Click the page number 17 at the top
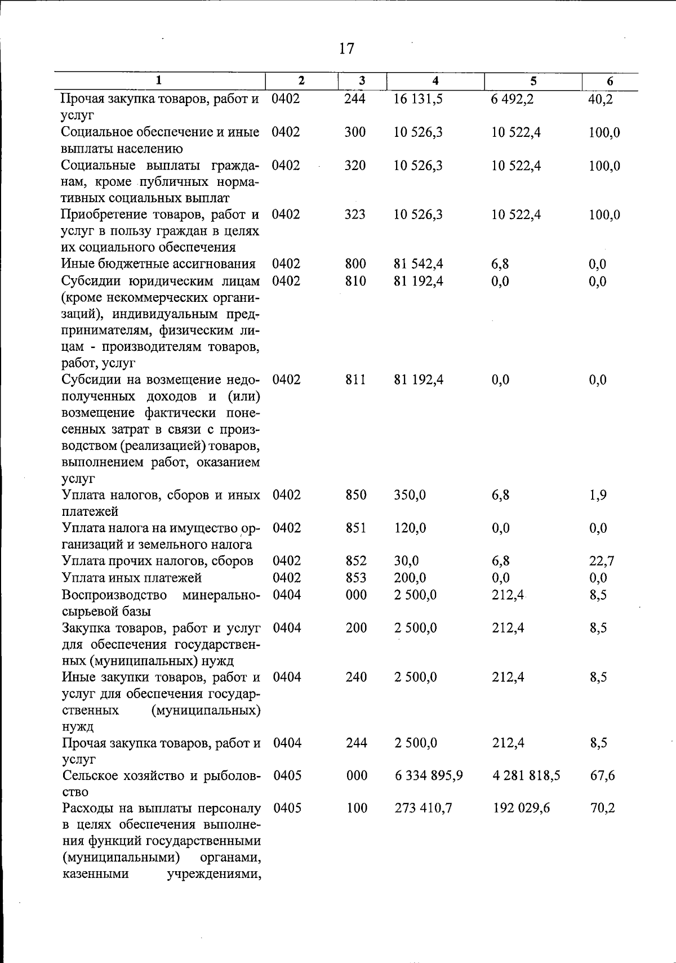347,48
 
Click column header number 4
435,81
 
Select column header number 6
610,81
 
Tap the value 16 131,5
419,100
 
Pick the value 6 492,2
512,100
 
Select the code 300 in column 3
355,132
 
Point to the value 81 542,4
419,264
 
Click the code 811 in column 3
355,380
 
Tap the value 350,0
410,495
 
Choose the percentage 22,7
602,561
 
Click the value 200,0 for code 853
410,578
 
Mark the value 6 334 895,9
429,776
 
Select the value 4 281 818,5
526,776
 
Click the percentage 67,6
602,776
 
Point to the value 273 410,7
423,809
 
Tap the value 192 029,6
521,809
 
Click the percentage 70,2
602,809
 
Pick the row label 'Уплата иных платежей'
132,578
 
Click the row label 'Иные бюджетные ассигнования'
158,264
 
